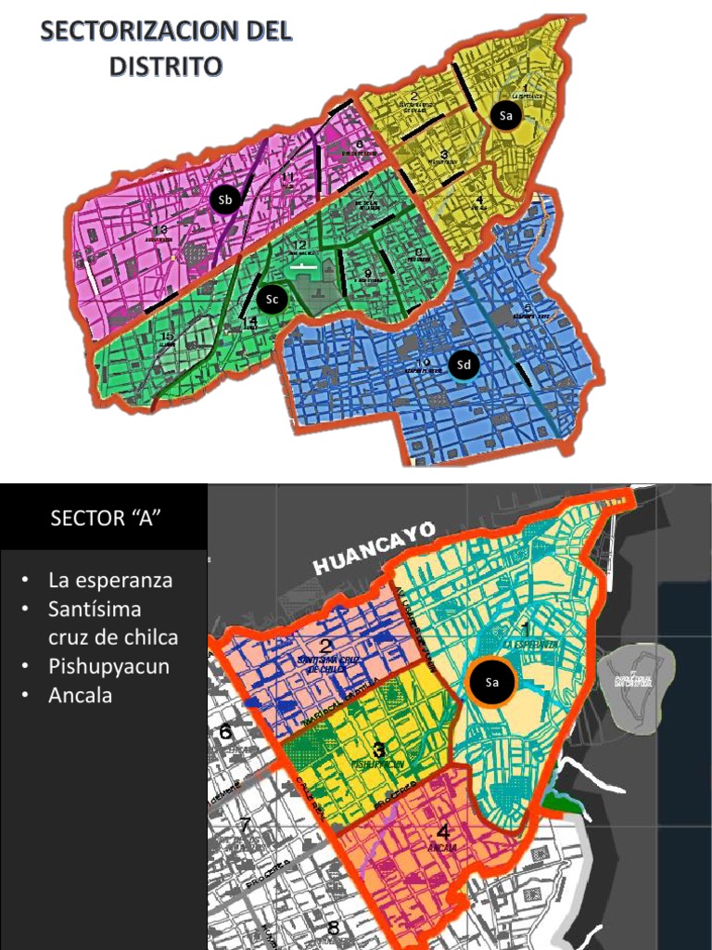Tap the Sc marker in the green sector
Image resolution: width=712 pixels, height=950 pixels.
[x=271, y=299]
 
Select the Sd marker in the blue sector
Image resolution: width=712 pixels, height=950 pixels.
[x=464, y=366]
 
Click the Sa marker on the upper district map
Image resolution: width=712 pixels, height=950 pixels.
[x=505, y=116]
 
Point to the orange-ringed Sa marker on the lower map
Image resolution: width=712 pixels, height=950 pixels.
[x=492, y=684]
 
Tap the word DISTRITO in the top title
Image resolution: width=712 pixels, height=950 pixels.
[x=166, y=66]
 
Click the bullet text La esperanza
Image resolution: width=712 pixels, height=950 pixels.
[x=110, y=581]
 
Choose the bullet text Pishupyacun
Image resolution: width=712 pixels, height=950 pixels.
[x=108, y=666]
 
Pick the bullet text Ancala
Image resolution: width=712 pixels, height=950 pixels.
[x=80, y=695]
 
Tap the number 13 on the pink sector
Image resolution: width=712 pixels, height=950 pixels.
[x=159, y=229]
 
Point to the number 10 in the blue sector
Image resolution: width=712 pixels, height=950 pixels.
[x=423, y=363]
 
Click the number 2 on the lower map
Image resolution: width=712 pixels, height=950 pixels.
[x=326, y=647]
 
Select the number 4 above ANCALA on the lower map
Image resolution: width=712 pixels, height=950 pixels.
[x=442, y=831]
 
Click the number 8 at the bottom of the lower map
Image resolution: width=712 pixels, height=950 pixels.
[x=332, y=928]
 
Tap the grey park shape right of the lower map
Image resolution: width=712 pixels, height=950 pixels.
[x=635, y=676]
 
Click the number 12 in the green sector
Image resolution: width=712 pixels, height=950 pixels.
[x=300, y=246]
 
